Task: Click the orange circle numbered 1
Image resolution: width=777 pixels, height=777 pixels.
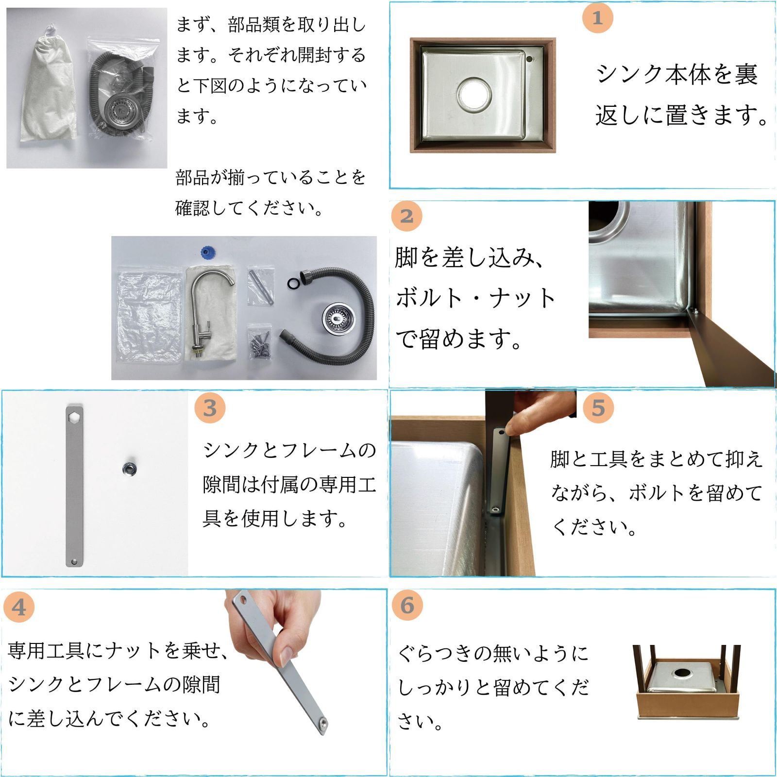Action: tap(597, 18)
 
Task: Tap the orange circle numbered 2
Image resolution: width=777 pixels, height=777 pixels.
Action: tap(406, 216)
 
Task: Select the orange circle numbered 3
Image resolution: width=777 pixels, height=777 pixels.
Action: tap(210, 408)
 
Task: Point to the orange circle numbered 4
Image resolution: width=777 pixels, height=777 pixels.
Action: tap(18, 607)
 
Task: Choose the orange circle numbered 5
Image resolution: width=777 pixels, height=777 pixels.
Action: tap(598, 408)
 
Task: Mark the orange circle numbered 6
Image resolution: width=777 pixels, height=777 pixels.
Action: tap(407, 605)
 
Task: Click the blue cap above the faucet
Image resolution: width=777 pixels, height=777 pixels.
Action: tap(208, 253)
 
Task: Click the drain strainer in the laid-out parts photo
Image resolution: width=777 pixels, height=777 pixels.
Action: tap(335, 319)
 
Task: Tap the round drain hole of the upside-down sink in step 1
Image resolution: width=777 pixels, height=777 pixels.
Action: tap(473, 92)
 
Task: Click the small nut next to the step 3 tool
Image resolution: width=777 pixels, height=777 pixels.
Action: tap(129, 468)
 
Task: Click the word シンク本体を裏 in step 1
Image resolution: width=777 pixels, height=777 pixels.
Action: tap(676, 74)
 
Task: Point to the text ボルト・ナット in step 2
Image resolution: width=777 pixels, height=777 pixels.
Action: tap(475, 298)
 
